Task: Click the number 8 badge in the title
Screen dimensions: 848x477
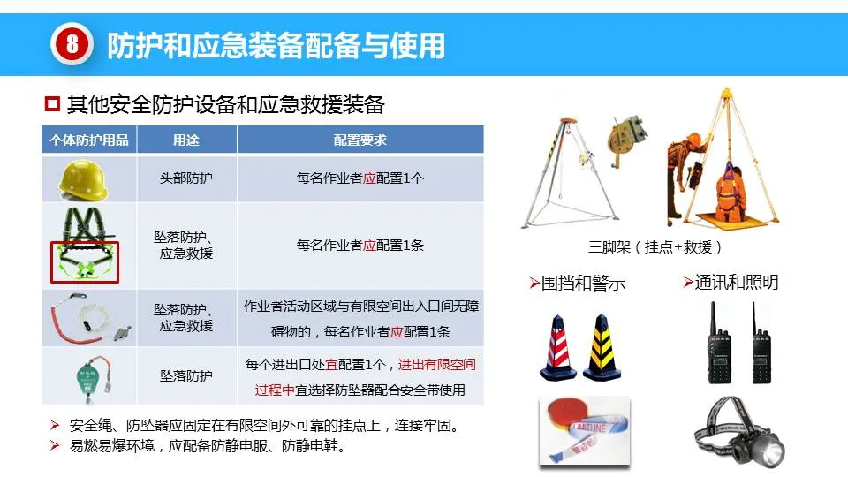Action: (72, 44)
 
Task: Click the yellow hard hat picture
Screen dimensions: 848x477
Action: (83, 179)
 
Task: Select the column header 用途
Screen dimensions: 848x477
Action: (186, 140)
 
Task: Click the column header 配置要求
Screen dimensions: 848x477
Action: (360, 140)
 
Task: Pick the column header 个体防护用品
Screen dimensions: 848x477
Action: (89, 140)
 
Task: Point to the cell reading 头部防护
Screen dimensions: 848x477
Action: (186, 178)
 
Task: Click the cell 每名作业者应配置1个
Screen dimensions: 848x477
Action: (360, 178)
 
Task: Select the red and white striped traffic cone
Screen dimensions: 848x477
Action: (558, 348)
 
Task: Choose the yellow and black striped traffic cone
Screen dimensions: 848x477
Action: (602, 348)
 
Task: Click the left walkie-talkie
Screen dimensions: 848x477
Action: (720, 344)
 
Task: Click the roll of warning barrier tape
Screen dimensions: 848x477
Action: (584, 430)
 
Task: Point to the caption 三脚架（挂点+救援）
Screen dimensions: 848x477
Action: (655, 247)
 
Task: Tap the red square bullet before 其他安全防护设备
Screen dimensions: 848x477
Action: (52, 103)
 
